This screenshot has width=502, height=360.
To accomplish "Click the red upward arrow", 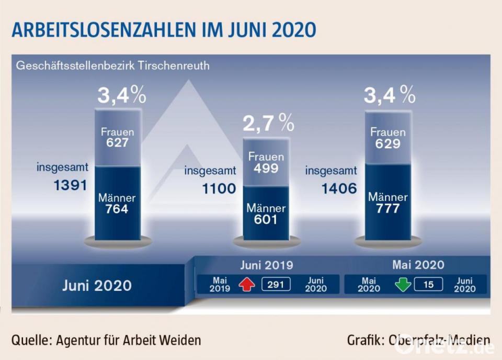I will (x=246, y=285).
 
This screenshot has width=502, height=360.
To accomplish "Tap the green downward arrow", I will (x=403, y=285).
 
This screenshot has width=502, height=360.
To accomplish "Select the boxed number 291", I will (x=276, y=284).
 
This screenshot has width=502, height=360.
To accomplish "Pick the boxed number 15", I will (x=429, y=284).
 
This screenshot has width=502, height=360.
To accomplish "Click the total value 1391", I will (x=69, y=186).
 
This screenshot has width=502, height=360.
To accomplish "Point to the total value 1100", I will (x=219, y=188).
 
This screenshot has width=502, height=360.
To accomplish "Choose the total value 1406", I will (x=339, y=188).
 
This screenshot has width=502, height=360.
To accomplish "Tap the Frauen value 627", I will (x=118, y=142).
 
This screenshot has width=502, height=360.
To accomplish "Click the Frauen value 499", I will (x=266, y=168).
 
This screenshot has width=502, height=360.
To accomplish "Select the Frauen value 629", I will (x=388, y=143).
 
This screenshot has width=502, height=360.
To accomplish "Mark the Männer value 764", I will (x=117, y=209).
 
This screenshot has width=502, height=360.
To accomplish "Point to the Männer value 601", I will (x=266, y=220).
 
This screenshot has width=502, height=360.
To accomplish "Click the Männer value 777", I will (x=387, y=209).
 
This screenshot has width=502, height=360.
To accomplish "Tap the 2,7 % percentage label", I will (x=268, y=123).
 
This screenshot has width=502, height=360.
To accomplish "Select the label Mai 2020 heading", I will (x=418, y=264).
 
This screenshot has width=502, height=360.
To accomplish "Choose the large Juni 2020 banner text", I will (x=97, y=285).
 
